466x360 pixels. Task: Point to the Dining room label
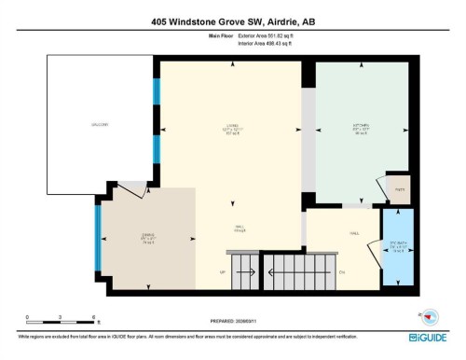pyautogui.click(x=146, y=237)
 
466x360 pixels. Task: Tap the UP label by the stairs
pyautogui.click(x=223, y=272)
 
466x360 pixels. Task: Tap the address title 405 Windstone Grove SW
pyautogui.click(x=232, y=22)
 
